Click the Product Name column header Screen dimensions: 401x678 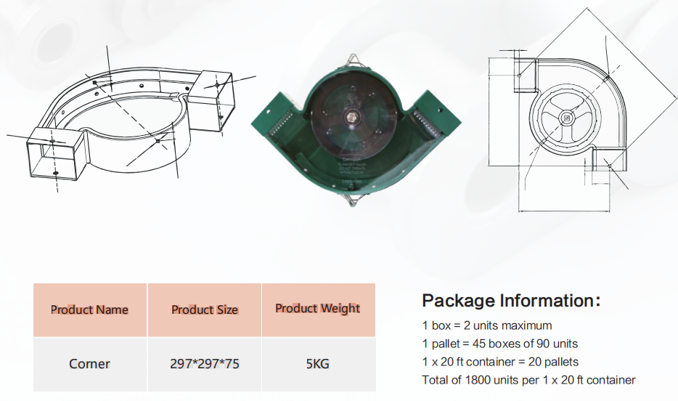coord(89,309)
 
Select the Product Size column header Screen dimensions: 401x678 coord(204,309)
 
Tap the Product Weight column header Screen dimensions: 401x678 coord(317,309)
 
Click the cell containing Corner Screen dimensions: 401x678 coord(89,364)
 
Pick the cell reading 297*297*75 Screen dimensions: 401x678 coord(204,364)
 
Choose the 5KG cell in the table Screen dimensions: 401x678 coord(317,364)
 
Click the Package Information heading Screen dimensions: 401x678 coord(511,301)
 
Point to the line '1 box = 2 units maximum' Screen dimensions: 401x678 coord(486,325)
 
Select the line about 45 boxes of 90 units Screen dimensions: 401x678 coord(499,344)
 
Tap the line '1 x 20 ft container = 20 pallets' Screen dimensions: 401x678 coord(500,362)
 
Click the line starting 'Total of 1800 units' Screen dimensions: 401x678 coord(528,380)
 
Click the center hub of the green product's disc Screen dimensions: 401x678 coord(352,116)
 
